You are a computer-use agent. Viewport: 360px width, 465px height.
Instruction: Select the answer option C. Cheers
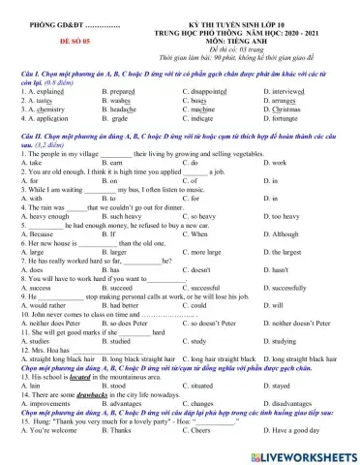199,457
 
